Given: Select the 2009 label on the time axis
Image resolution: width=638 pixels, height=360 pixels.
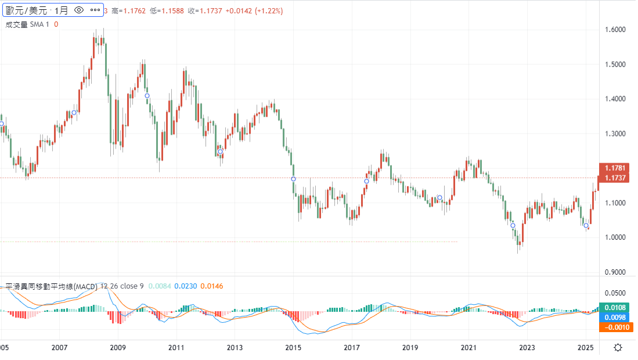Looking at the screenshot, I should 118,348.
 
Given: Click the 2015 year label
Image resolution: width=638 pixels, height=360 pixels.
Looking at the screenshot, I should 293,348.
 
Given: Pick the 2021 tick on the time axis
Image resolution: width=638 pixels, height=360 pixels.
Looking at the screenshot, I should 468,348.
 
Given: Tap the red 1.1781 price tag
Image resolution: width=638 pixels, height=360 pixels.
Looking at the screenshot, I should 615,168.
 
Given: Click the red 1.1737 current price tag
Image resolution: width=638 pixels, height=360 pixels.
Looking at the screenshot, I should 615,178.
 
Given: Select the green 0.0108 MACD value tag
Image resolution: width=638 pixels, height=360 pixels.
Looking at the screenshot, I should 615,307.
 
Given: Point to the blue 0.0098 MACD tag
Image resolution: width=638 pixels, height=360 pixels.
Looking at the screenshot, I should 615,318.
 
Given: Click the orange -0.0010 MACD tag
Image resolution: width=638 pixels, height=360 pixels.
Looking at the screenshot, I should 615,327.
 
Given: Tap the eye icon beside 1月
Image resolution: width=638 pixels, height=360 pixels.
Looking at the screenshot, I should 80,10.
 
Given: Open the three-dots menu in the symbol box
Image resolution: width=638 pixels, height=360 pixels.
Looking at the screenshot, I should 95,10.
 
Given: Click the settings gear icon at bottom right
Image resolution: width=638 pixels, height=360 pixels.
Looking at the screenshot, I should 618,348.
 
